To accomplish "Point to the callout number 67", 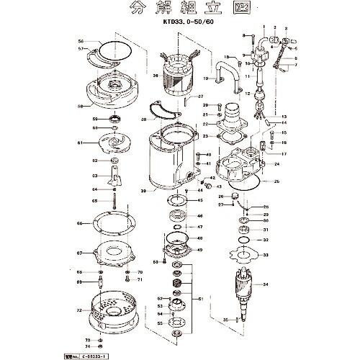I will pos(81,253).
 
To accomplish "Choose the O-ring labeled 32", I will pos(247,240).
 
